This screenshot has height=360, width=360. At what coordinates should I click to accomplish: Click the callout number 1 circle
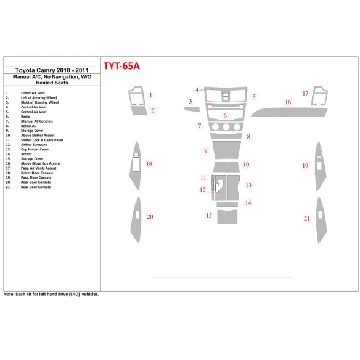[x=150, y=96]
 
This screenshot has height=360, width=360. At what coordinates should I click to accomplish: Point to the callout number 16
[x=287, y=102]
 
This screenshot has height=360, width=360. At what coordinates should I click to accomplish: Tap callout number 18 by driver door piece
[x=149, y=163]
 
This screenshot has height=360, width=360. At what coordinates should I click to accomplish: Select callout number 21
[x=306, y=218]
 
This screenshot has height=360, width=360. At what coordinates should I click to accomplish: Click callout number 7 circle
[x=199, y=126]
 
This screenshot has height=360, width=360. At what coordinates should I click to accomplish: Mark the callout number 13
[x=248, y=185]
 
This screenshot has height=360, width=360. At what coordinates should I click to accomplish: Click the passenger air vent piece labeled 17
[x=321, y=98]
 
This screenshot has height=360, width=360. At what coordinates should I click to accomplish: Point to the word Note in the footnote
[x=10, y=295]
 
